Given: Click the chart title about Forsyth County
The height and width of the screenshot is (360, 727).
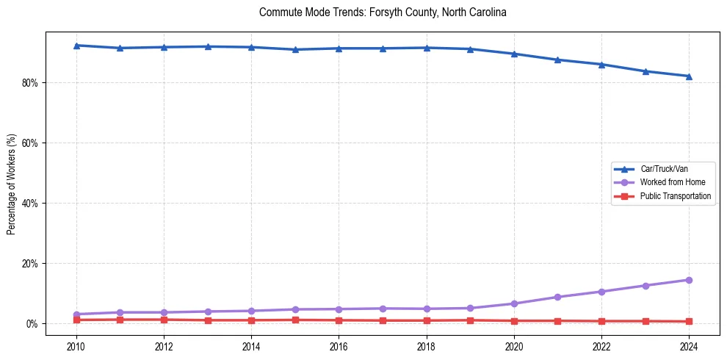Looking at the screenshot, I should tap(383, 12).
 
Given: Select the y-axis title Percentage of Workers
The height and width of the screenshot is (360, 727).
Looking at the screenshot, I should tap(11, 184).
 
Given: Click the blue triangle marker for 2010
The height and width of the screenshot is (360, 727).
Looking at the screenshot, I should tap(76, 46).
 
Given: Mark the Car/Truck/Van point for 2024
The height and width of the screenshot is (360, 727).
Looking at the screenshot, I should tap(689, 76).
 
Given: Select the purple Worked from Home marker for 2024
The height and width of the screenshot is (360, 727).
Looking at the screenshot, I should tap(689, 280).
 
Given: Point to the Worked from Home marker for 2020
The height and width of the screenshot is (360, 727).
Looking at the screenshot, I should tap(514, 303).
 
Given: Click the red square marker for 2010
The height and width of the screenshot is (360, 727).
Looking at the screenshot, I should tap(76, 320).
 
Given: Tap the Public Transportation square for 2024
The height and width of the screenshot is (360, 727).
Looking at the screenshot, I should tap(689, 321).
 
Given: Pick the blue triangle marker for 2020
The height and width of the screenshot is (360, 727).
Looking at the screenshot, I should tap(514, 54).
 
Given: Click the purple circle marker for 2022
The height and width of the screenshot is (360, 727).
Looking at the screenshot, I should tap(601, 292).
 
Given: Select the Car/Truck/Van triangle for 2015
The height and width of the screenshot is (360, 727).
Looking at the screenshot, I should tap(295, 49).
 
